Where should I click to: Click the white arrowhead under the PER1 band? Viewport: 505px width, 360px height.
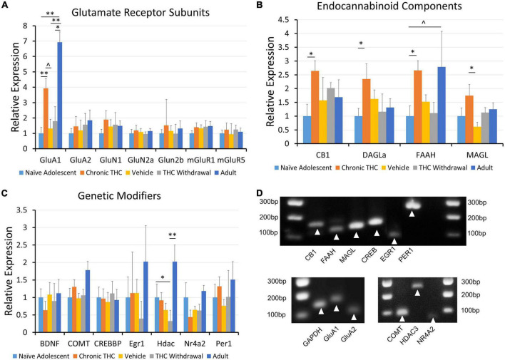tap(411, 213)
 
